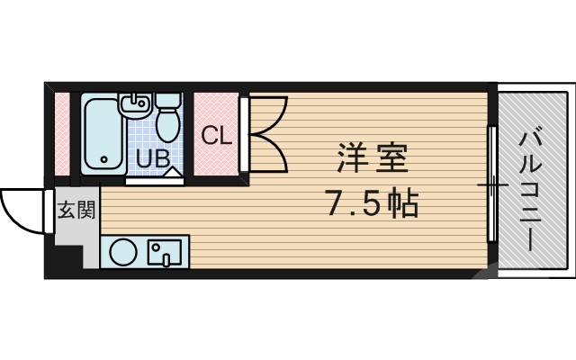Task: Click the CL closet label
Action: tap(216, 137)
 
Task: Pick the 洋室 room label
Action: tap(373, 160)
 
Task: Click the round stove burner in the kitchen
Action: tap(123, 252)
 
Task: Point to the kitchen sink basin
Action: tap(167, 252)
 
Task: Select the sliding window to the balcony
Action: tap(491, 184)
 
